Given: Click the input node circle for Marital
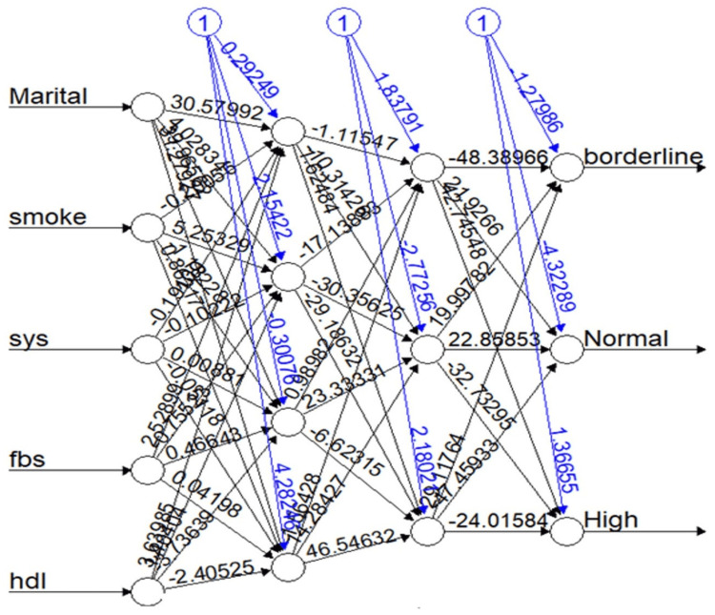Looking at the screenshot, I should [148, 106].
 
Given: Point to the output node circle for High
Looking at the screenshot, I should [566, 531].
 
